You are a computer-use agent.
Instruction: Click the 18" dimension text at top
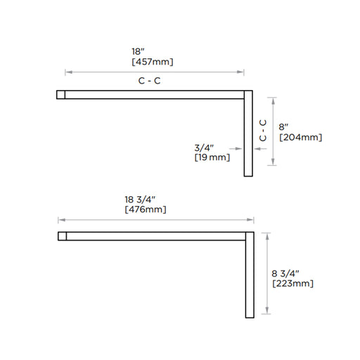[138, 51]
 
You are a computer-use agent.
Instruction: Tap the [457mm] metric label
[153, 62]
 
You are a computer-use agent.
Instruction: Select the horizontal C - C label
[150, 81]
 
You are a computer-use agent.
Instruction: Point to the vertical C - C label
[263, 130]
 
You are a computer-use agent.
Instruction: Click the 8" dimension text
[283, 127]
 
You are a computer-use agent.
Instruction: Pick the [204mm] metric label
[301, 137]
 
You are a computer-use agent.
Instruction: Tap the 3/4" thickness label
[204, 148]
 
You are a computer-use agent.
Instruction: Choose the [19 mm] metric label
[212, 157]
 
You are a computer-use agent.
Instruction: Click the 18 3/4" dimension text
[140, 200]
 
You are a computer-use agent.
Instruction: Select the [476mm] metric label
[146, 210]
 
